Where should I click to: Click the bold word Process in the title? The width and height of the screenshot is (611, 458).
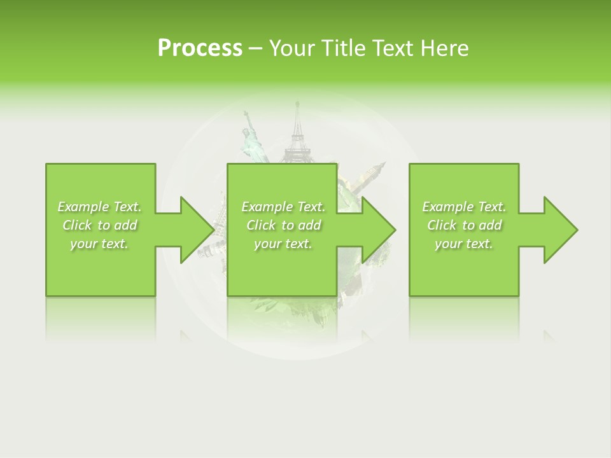200,48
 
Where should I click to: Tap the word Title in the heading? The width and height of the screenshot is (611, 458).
344,48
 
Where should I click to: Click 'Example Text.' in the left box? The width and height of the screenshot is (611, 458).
99,207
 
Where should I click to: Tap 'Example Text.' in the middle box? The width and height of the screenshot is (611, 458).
283,207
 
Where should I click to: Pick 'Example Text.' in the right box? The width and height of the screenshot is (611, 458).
464,207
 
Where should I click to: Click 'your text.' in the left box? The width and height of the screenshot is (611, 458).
99,244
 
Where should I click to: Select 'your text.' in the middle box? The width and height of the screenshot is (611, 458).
283,244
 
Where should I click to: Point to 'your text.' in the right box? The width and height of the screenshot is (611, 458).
464,244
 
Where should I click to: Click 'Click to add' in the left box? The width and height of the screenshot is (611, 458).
99,225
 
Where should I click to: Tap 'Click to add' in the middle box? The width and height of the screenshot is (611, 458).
283,225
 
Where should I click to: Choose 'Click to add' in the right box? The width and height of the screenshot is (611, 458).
464,225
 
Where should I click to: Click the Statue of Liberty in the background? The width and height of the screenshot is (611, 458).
252,140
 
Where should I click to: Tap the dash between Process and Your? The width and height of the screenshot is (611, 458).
256,49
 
